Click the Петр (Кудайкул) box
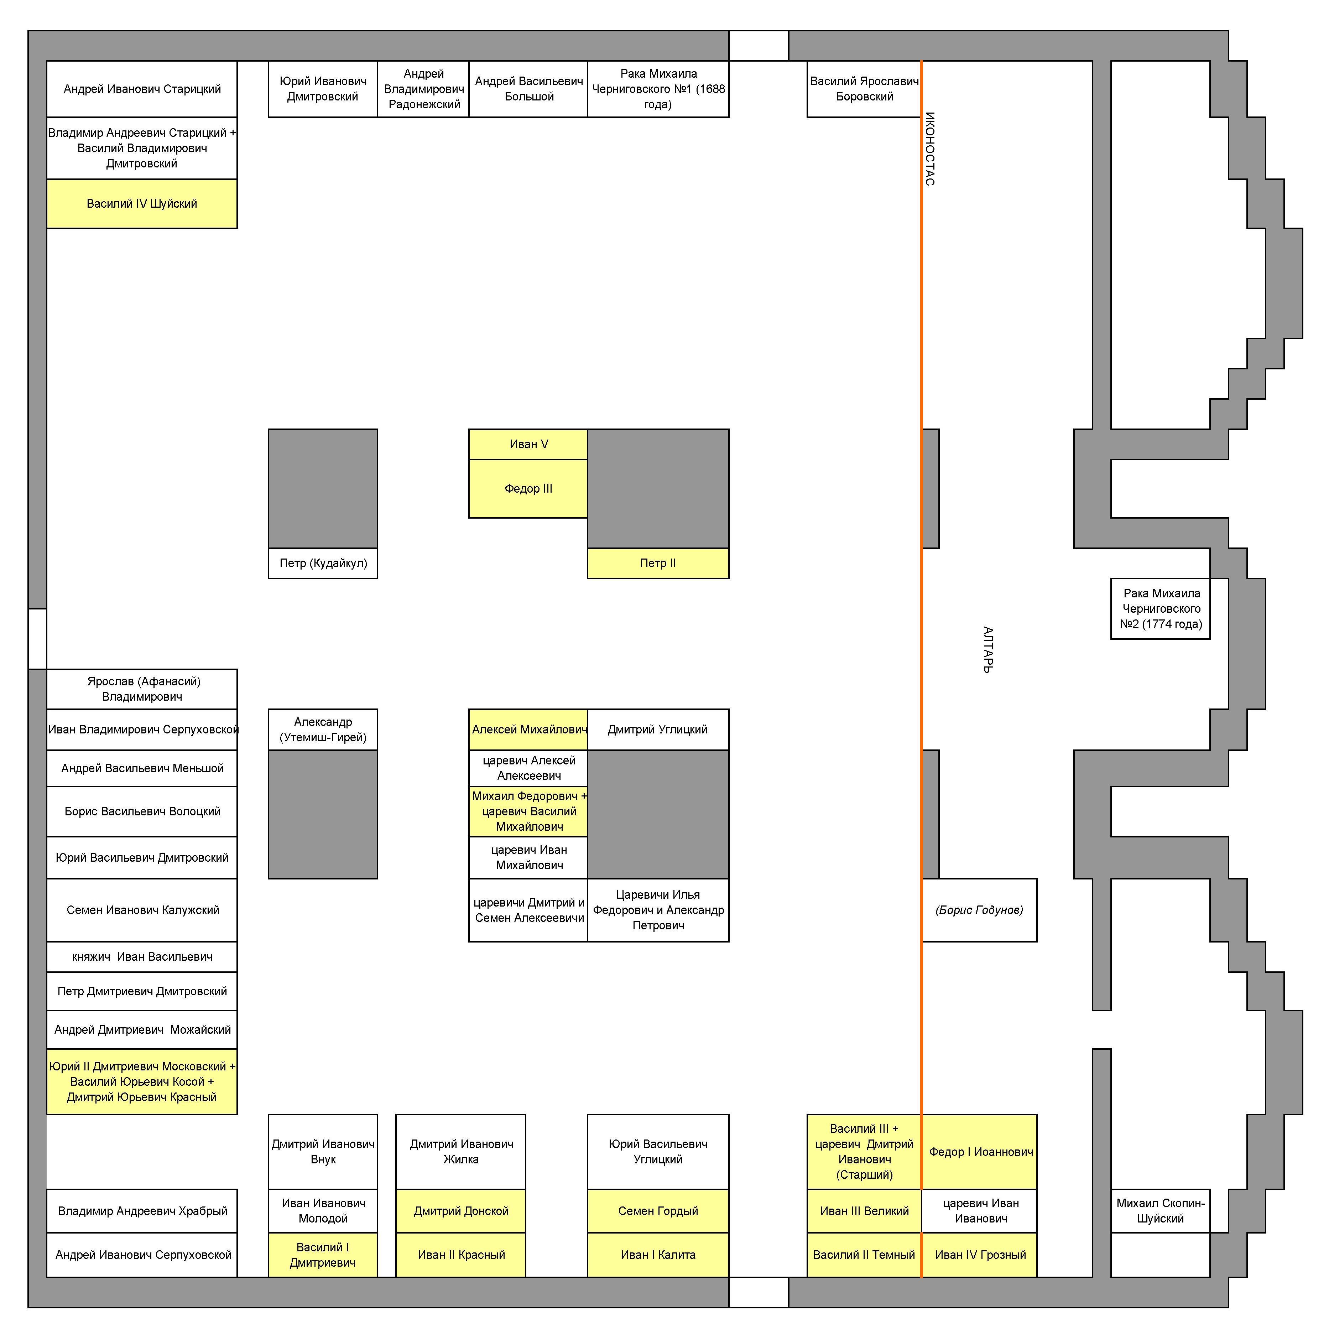pyautogui.click(x=323, y=564)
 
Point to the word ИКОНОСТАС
pyautogui.click(x=930, y=149)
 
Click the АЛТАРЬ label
pyautogui.click(x=988, y=650)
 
